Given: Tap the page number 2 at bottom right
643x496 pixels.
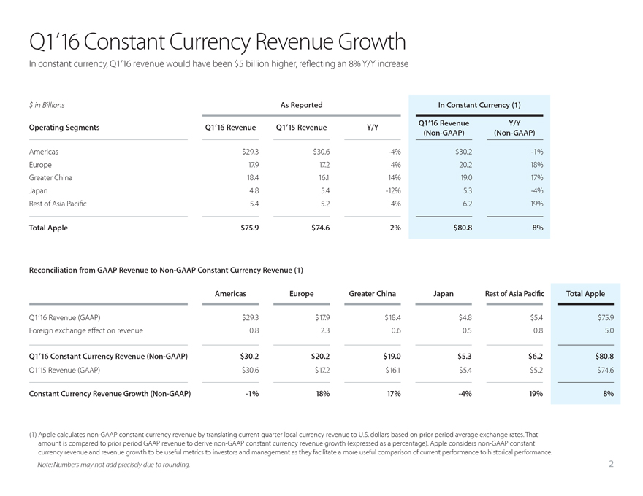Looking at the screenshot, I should click(611, 465).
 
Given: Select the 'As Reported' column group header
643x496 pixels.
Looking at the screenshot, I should click(301, 105).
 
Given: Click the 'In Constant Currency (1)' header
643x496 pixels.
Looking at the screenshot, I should click(478, 105).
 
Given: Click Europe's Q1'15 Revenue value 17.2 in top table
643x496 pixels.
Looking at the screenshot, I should click(320, 164).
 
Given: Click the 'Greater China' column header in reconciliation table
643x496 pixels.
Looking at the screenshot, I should click(372, 294).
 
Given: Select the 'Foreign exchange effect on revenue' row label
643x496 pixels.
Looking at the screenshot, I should click(85, 330).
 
